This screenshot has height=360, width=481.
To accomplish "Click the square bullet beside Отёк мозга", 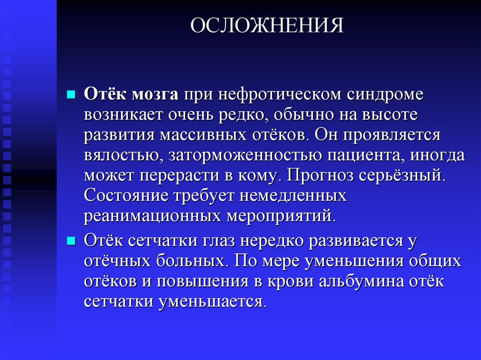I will click(71, 94).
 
